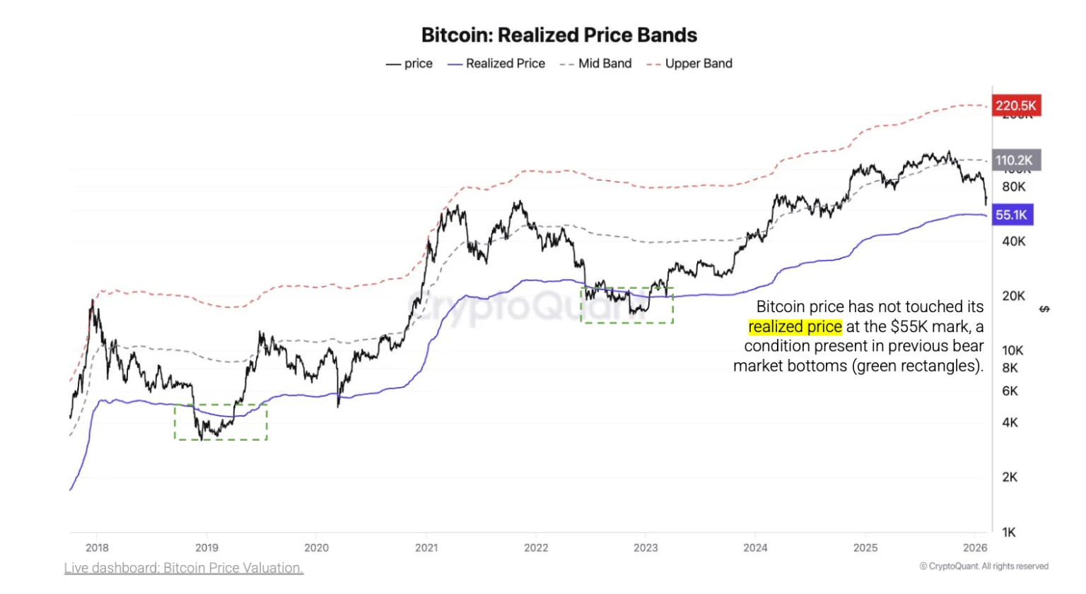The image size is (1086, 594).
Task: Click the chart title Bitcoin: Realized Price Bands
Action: [x=559, y=35]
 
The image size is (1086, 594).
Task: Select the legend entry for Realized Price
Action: [x=496, y=64]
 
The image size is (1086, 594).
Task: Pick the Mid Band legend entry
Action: [x=595, y=64]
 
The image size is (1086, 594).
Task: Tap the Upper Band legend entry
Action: [x=689, y=64]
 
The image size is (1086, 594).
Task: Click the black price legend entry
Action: [x=409, y=64]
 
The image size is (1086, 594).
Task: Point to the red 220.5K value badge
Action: [x=1015, y=106]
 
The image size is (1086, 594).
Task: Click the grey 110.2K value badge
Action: [x=1015, y=160]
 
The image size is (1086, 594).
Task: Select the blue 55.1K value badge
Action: [x=1012, y=215]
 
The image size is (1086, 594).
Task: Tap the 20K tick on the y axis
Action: [x=1013, y=296]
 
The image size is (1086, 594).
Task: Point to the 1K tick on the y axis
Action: [x=1009, y=532]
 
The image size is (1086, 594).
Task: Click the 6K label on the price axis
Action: [x=1010, y=391]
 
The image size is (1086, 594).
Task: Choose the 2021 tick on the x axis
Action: [x=426, y=547]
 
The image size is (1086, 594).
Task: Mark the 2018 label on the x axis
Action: [x=97, y=547]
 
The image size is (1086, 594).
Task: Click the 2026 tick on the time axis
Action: [x=975, y=547]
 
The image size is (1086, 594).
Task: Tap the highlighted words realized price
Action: [x=795, y=326]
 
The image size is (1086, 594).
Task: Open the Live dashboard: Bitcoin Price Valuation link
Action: [x=184, y=568]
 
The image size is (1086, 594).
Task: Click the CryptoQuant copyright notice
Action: [x=983, y=566]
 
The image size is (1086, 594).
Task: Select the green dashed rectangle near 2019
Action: [x=221, y=422]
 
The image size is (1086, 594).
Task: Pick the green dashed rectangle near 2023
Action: [x=626, y=305]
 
